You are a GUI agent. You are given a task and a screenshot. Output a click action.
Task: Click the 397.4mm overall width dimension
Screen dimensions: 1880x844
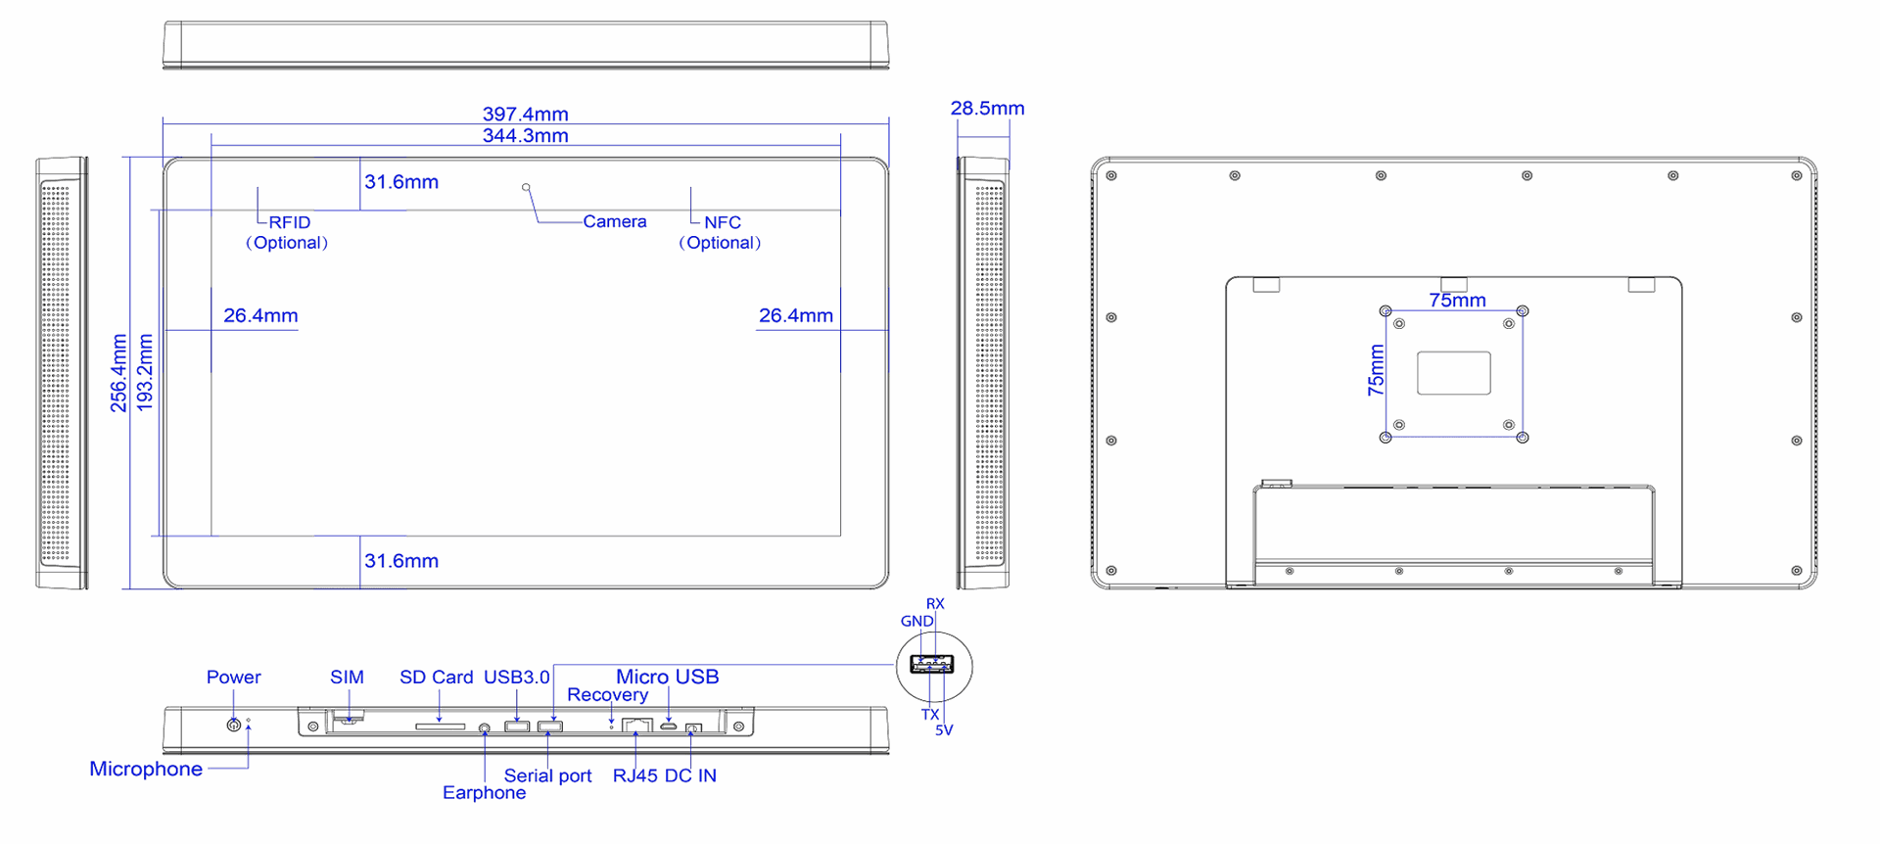coord(525,115)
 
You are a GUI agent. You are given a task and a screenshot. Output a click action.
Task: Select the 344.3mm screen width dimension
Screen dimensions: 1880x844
coord(525,136)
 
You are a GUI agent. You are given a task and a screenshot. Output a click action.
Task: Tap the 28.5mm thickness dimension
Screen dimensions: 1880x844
coord(987,109)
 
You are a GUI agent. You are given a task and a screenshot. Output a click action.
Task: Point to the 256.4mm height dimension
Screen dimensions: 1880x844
coord(118,373)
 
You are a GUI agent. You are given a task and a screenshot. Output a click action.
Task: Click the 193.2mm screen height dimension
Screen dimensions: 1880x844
coord(145,373)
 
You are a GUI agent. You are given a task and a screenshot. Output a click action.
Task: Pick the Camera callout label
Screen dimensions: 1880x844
coord(615,221)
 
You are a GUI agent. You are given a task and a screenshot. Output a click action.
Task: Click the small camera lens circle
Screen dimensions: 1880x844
coord(526,187)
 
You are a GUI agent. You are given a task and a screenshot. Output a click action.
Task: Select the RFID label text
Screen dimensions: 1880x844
coord(290,222)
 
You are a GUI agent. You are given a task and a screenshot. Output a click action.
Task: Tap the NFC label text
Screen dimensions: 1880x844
coord(723,222)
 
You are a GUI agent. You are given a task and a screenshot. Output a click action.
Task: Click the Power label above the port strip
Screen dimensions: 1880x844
coord(233,678)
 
